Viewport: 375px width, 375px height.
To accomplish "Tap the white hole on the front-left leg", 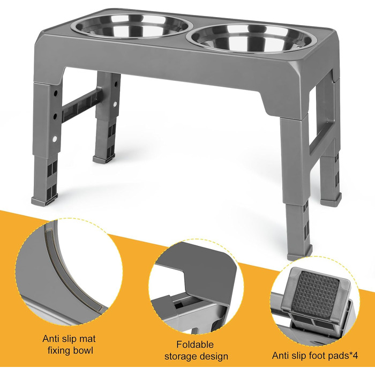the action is click(55, 138).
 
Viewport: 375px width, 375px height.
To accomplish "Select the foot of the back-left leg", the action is click(104, 159).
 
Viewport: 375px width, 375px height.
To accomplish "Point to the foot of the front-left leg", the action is click(44, 201).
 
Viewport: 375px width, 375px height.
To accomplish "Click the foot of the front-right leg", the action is click(299, 254).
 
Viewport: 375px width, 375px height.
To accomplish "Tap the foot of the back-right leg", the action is click(331, 200).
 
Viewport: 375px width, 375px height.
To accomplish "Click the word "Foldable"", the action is click(195, 344).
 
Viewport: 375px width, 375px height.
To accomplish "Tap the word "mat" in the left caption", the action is click(86, 339).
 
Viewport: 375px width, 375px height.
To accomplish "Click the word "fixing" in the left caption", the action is click(59, 351).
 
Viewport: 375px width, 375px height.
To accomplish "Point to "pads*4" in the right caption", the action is click(343, 356).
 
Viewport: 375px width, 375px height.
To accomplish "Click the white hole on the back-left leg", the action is click(115, 104).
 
